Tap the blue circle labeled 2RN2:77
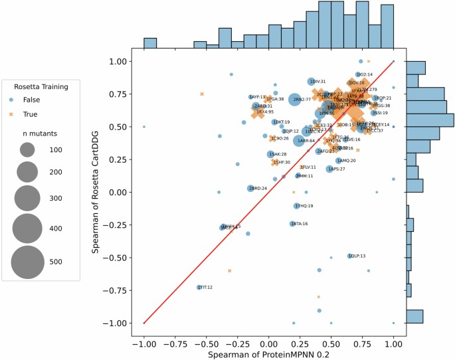[293, 99]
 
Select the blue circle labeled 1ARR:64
[298, 141]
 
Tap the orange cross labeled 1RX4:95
[258, 112]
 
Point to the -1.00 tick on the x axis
[143, 345]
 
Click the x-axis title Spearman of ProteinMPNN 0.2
[268, 355]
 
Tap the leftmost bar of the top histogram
[150, 43]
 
